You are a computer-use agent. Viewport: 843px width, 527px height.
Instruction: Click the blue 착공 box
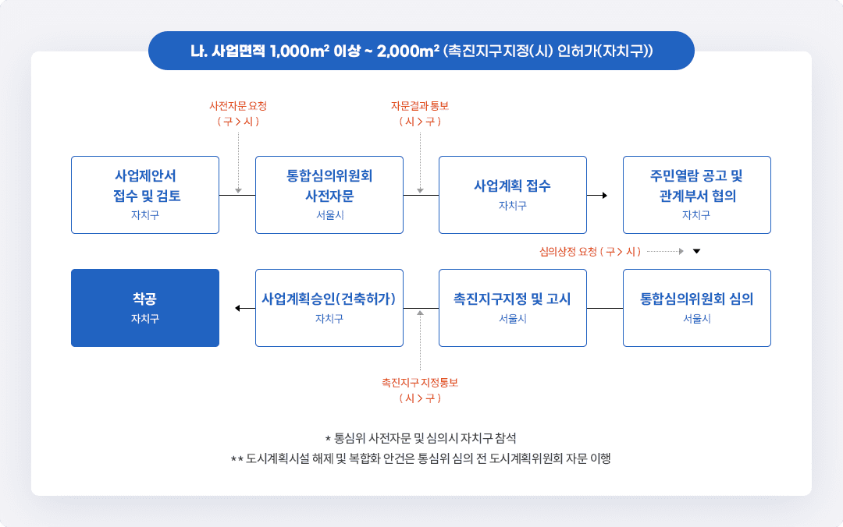click(x=144, y=307)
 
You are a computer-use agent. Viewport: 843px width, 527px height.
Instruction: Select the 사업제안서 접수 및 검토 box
click(x=144, y=194)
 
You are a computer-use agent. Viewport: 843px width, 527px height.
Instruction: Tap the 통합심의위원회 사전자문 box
click(x=329, y=194)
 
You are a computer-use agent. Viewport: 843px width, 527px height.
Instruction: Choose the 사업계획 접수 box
click(x=512, y=194)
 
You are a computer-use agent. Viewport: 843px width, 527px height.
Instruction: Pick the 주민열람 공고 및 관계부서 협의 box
click(x=696, y=194)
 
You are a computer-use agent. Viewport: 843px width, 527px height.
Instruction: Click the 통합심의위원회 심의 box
click(x=696, y=307)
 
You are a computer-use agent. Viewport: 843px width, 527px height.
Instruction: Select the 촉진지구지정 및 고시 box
click(x=512, y=307)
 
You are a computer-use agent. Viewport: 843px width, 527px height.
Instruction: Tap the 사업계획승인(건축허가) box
click(x=329, y=307)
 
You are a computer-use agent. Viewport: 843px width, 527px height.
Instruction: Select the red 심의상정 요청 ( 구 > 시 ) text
click(x=589, y=252)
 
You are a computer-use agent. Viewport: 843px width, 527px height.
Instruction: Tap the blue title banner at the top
click(x=421, y=51)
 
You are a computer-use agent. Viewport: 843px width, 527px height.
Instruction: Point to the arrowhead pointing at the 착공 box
click(x=239, y=309)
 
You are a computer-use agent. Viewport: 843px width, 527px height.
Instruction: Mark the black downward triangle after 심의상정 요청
click(x=697, y=252)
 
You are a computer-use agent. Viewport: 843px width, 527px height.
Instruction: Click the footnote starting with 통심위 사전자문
click(x=421, y=438)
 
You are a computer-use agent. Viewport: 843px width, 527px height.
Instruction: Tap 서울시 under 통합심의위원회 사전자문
click(x=329, y=215)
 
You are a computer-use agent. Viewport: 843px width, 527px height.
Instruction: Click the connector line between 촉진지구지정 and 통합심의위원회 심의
click(x=605, y=309)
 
